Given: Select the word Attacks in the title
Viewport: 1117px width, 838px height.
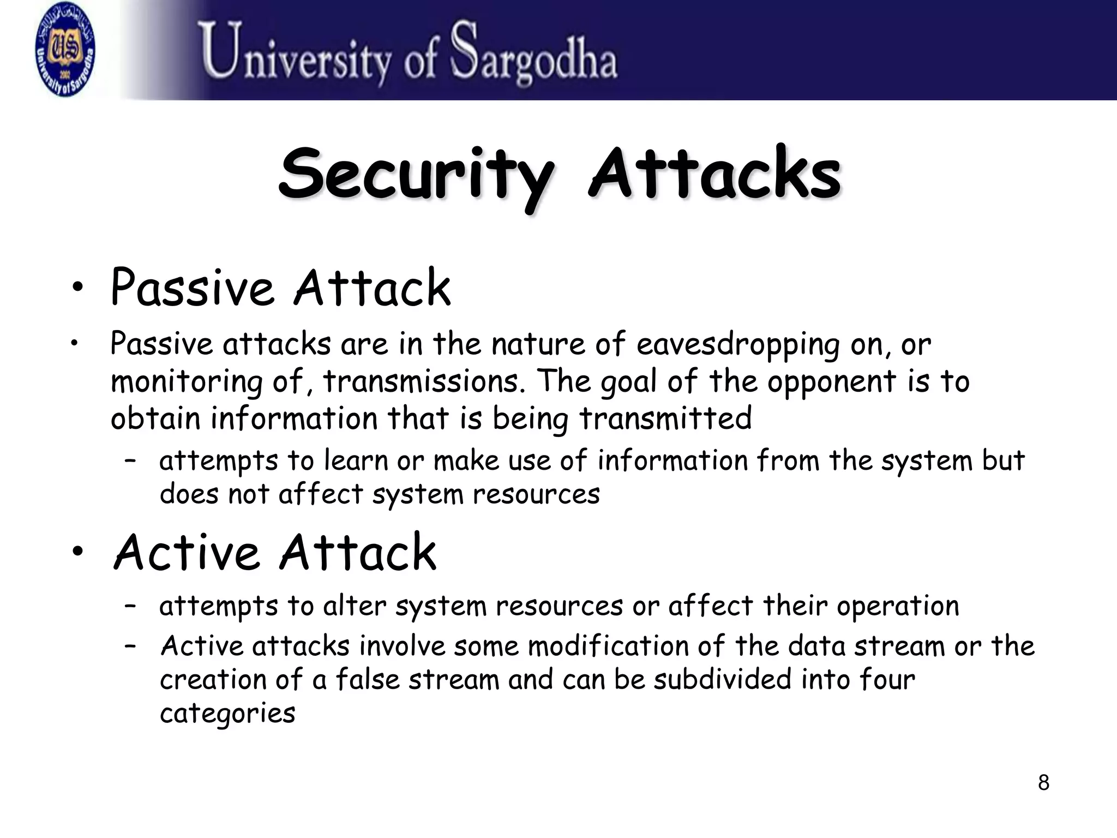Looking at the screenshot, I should tap(714, 173).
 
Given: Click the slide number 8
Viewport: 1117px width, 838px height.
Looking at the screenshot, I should tap(1043, 783).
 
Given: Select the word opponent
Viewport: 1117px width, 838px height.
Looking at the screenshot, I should tap(831, 382).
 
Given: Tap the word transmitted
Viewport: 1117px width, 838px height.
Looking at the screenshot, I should tap(665, 418).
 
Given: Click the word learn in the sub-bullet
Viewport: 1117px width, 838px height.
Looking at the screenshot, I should tap(355, 460).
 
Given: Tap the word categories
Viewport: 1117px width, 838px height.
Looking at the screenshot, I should tap(227, 714).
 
